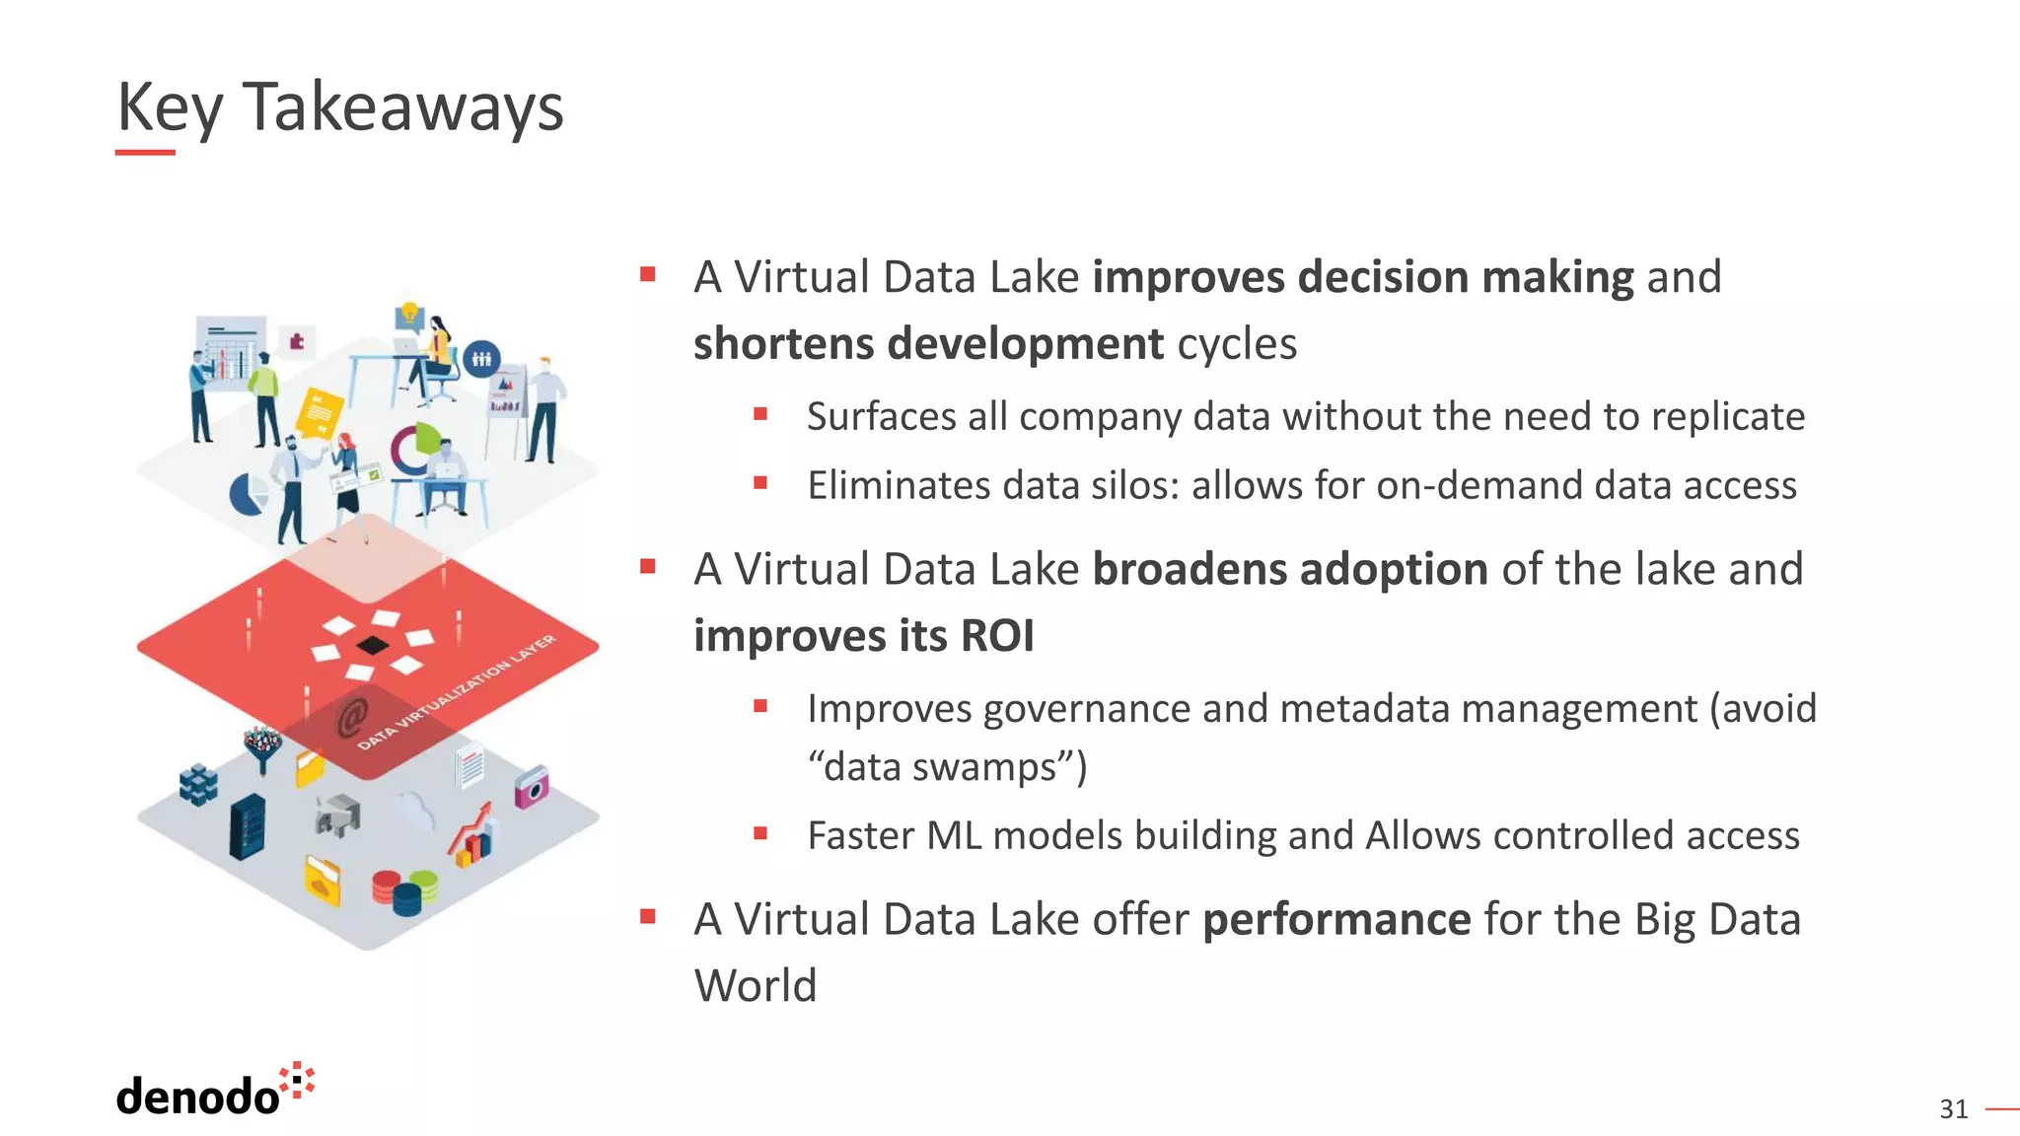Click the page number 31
point(1953,1109)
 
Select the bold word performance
point(1336,920)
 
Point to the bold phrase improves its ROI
point(863,636)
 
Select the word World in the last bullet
point(756,986)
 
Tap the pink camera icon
point(531,787)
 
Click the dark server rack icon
point(248,826)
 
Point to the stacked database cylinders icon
point(404,891)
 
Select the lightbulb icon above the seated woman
point(408,315)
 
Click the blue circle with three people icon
point(481,359)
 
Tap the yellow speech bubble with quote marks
point(321,410)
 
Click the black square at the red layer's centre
point(373,646)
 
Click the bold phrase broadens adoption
point(1290,570)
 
